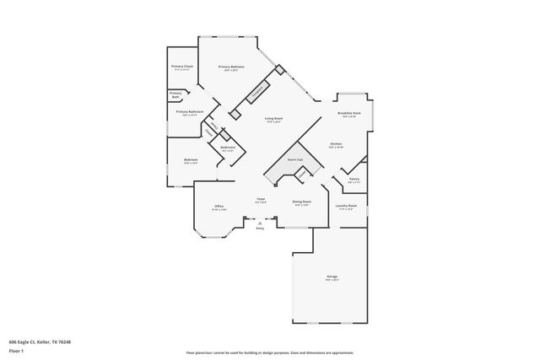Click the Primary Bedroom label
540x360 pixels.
pos(231,67)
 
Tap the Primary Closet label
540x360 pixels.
pos(182,67)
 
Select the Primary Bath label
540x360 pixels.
pos(175,94)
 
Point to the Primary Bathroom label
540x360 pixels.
pos(190,112)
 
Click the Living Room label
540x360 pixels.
pos(273,119)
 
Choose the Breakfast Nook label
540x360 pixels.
pos(349,113)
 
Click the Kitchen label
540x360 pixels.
pos(335,144)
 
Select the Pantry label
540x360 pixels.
pos(354,179)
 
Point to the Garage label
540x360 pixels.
pos(332,277)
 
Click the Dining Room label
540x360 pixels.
pos(302,201)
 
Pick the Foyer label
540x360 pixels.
pos(262,199)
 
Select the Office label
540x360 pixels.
pos(219,206)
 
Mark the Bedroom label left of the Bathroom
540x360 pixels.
pos(191,160)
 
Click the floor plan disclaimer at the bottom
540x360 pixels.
pos(270,352)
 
